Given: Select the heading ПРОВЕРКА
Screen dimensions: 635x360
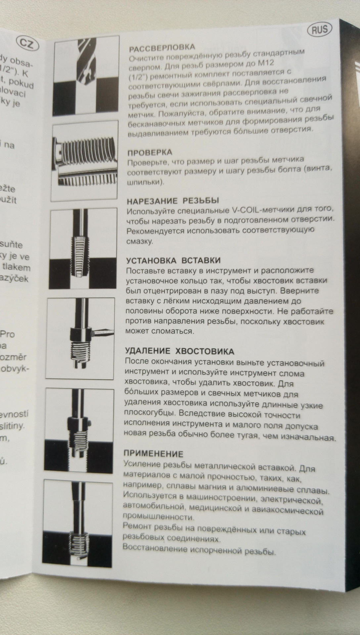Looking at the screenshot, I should click(150, 153).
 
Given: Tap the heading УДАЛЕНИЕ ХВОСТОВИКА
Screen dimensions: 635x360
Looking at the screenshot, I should click(179, 351).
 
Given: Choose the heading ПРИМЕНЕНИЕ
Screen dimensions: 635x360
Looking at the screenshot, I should click(153, 453).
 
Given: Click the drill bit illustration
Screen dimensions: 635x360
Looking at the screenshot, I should click(86, 75).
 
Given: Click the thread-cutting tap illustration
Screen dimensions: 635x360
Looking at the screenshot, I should click(83, 248).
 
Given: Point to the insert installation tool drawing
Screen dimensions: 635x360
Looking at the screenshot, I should click(80, 338).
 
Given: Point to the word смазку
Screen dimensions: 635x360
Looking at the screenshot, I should click(139, 241).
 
